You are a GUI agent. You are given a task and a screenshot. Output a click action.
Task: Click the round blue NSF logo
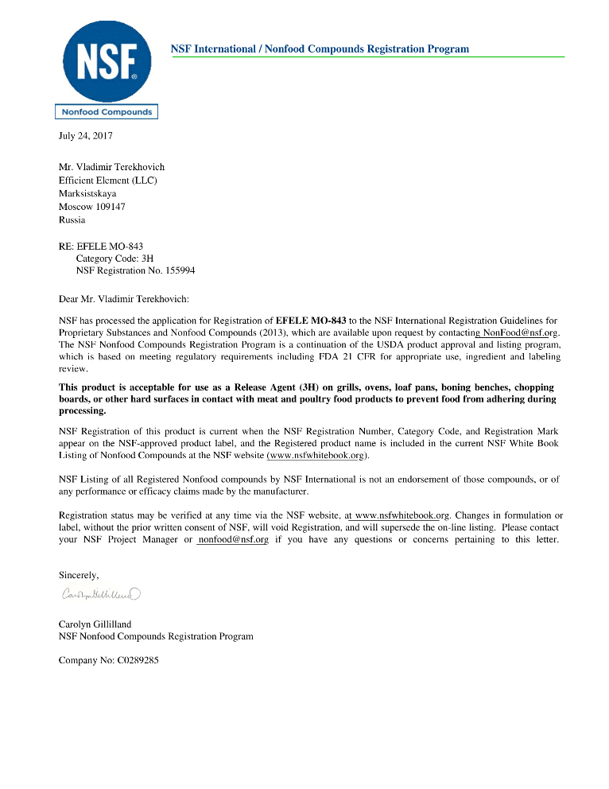[x=106, y=62]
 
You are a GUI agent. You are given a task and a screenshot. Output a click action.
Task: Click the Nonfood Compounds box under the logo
[x=106, y=112]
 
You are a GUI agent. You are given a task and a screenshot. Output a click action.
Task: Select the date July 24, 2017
[x=86, y=136]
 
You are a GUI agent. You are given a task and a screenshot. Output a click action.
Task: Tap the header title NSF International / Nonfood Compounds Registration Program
[x=320, y=49]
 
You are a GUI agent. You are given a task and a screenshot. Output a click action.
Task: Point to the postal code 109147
[x=107, y=207]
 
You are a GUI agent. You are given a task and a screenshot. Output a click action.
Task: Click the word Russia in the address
[x=72, y=220]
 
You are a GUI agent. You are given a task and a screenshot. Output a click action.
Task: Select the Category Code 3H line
[x=114, y=258]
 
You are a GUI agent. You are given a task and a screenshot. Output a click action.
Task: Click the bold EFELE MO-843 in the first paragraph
[x=311, y=321]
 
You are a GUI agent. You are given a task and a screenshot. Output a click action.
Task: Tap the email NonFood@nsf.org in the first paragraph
[x=521, y=332]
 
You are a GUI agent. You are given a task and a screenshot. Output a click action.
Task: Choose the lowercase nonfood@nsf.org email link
[x=233, y=539]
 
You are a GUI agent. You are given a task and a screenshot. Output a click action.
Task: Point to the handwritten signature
[x=100, y=593]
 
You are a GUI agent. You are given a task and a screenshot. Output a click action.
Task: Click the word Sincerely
[x=80, y=574]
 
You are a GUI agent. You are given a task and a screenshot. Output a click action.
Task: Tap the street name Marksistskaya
[x=87, y=193]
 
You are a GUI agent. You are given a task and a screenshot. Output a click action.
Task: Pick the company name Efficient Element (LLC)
[x=108, y=181]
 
